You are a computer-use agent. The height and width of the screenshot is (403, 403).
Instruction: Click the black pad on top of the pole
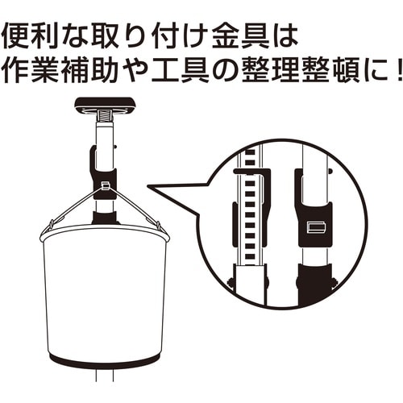105,105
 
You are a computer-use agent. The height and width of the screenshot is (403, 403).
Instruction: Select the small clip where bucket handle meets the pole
105,187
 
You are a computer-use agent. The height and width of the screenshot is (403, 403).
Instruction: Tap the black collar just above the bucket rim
104,216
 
